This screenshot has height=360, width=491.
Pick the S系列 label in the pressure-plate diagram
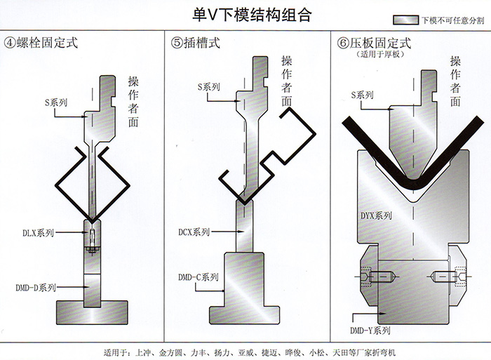(363, 95)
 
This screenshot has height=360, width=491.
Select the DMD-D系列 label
(36, 287)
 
